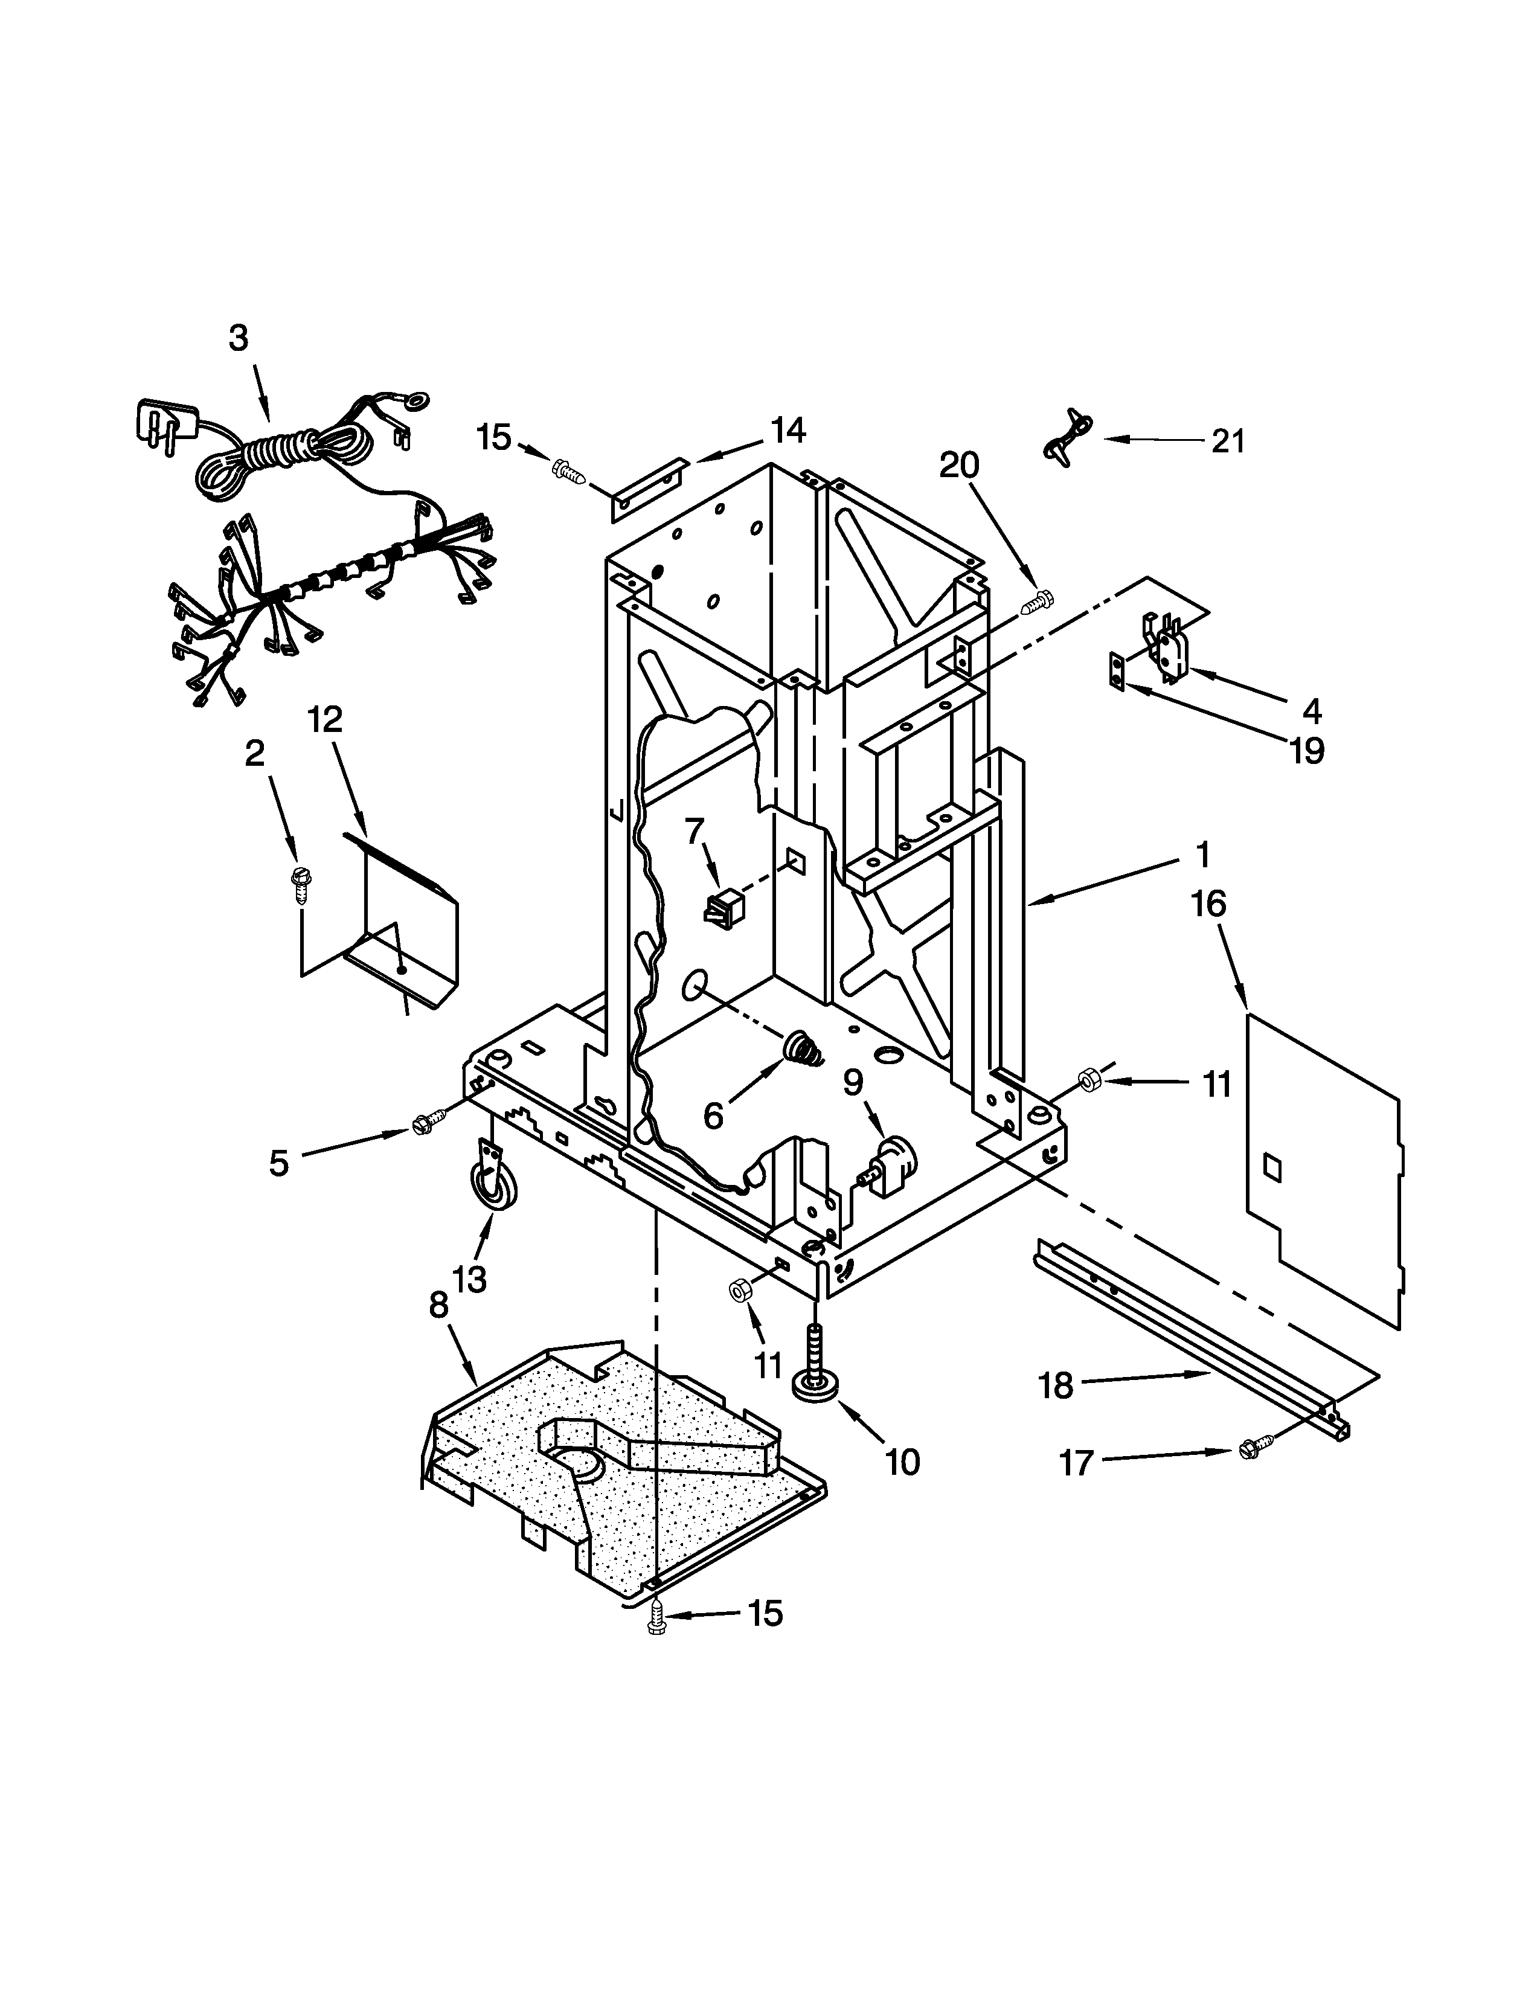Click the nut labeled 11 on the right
point(1088,1080)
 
